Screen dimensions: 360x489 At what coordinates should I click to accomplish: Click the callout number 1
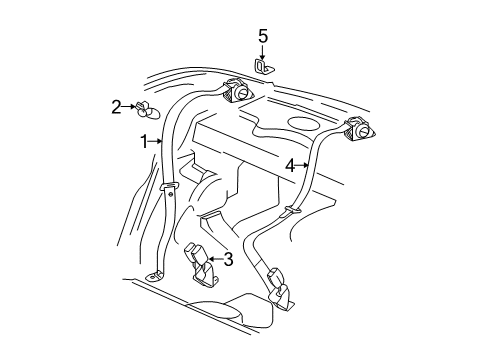(x=143, y=142)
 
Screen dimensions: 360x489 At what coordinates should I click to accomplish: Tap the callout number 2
(x=117, y=105)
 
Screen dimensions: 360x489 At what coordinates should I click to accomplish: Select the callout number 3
(x=229, y=261)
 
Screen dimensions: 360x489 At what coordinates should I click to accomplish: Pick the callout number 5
(x=263, y=37)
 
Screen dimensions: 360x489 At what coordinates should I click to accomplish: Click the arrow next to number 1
(x=157, y=142)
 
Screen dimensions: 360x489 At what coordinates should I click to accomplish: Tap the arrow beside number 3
(x=214, y=261)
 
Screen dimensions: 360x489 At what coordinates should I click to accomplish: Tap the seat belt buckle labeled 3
(x=195, y=259)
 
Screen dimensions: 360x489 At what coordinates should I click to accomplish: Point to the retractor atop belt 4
(x=358, y=129)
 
